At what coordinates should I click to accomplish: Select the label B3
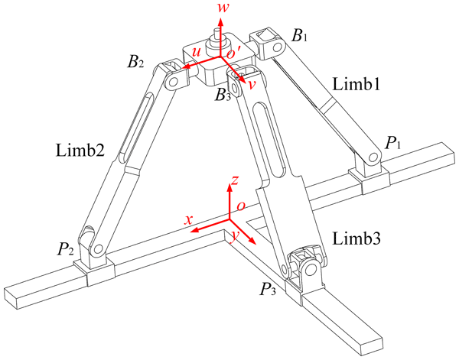(223, 95)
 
